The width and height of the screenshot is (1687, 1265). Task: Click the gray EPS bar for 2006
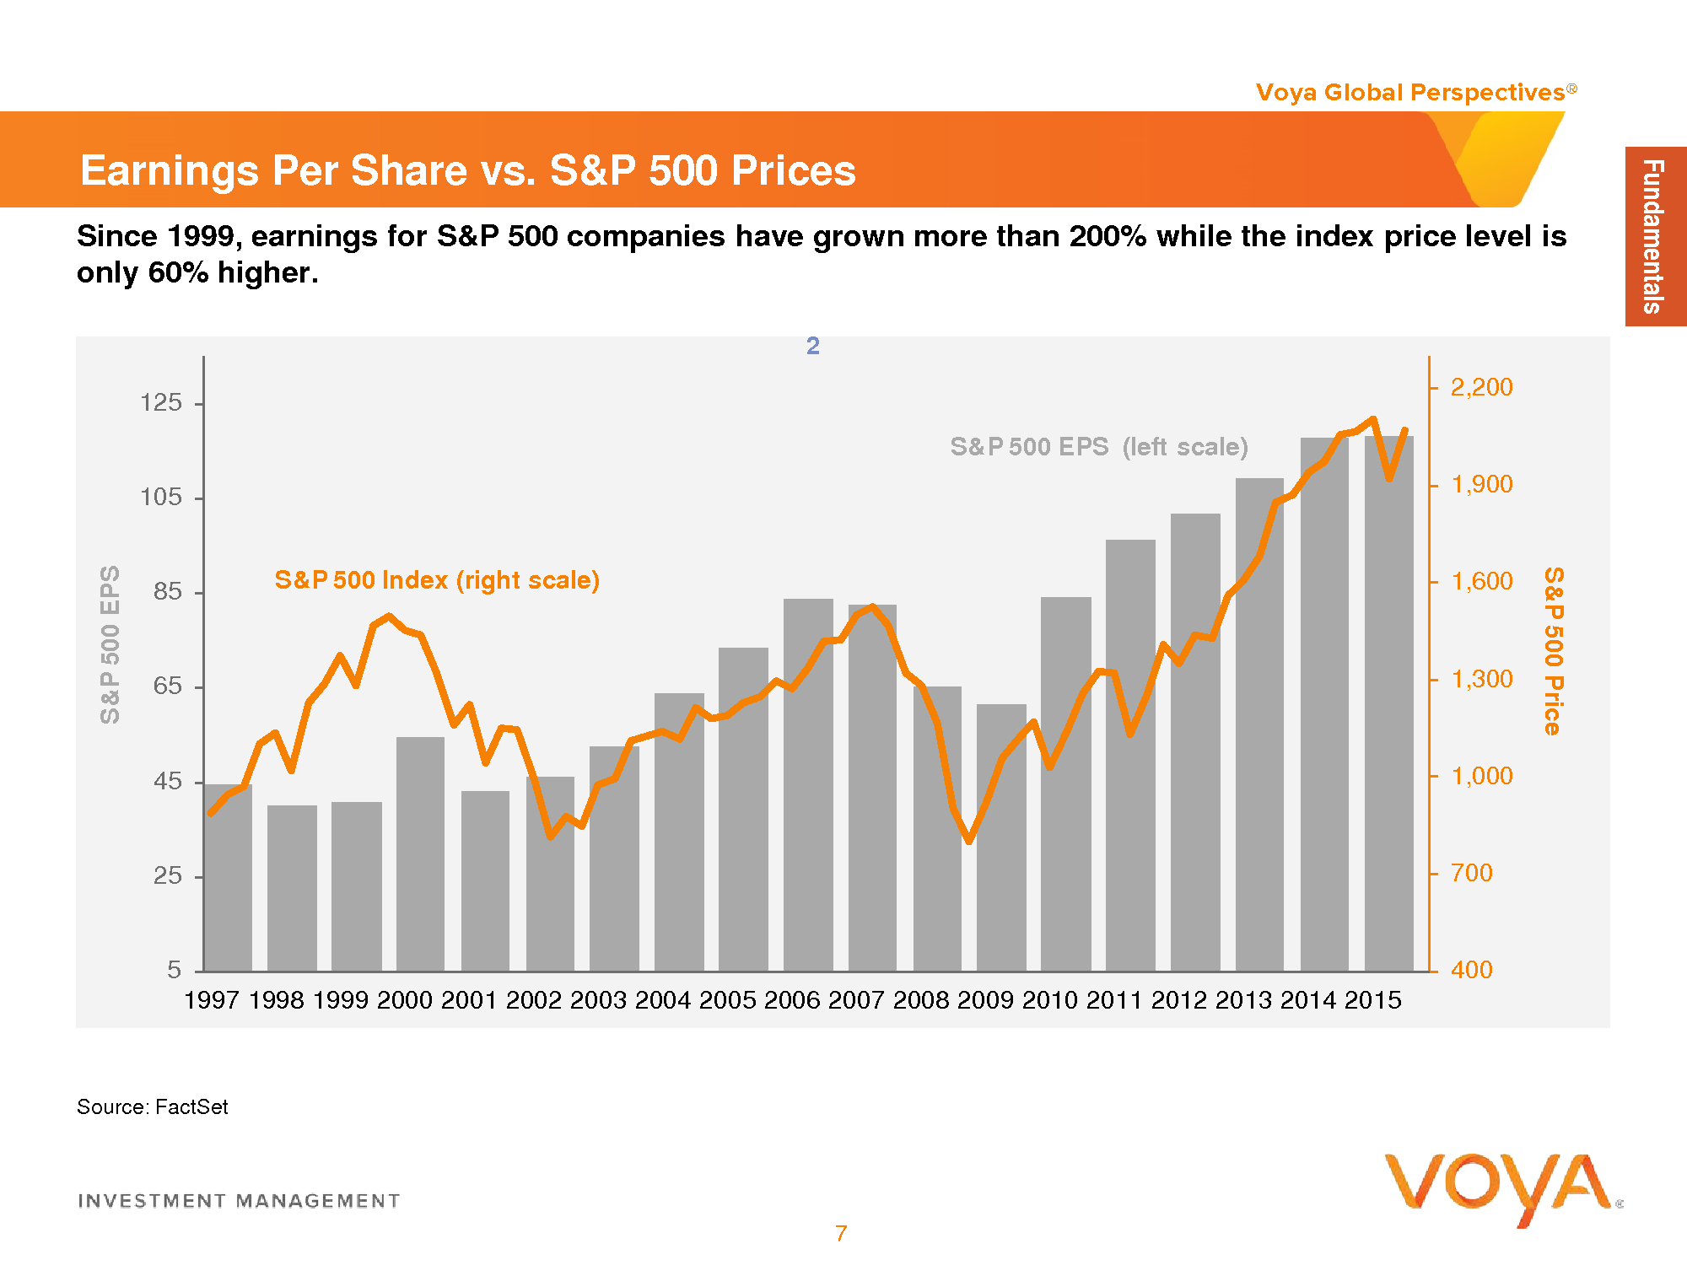click(x=808, y=784)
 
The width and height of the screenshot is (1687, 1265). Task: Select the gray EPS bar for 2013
click(x=1259, y=725)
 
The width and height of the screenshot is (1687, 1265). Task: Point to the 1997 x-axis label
click(x=212, y=1000)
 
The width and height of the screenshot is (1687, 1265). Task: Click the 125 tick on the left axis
click(x=161, y=402)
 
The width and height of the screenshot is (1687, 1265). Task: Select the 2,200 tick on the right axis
click(x=1481, y=387)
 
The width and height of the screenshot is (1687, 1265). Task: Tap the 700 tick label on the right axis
click(x=1472, y=873)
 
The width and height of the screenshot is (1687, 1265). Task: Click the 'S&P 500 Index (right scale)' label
click(x=437, y=580)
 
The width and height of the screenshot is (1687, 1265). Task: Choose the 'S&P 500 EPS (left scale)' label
click(x=1099, y=447)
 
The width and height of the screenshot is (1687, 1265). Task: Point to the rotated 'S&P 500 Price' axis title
click(x=1554, y=651)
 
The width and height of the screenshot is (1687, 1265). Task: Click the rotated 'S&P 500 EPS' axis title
click(x=110, y=644)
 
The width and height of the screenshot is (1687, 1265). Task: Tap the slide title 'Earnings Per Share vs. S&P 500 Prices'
click(x=468, y=170)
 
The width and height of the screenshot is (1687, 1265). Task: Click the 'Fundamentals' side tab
click(x=1654, y=236)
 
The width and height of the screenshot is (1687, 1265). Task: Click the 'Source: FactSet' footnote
click(x=153, y=1107)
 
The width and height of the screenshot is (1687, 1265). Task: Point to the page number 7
click(x=841, y=1234)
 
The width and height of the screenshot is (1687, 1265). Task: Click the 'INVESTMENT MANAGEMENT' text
click(x=239, y=1201)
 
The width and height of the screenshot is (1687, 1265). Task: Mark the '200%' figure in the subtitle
click(x=1108, y=236)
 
